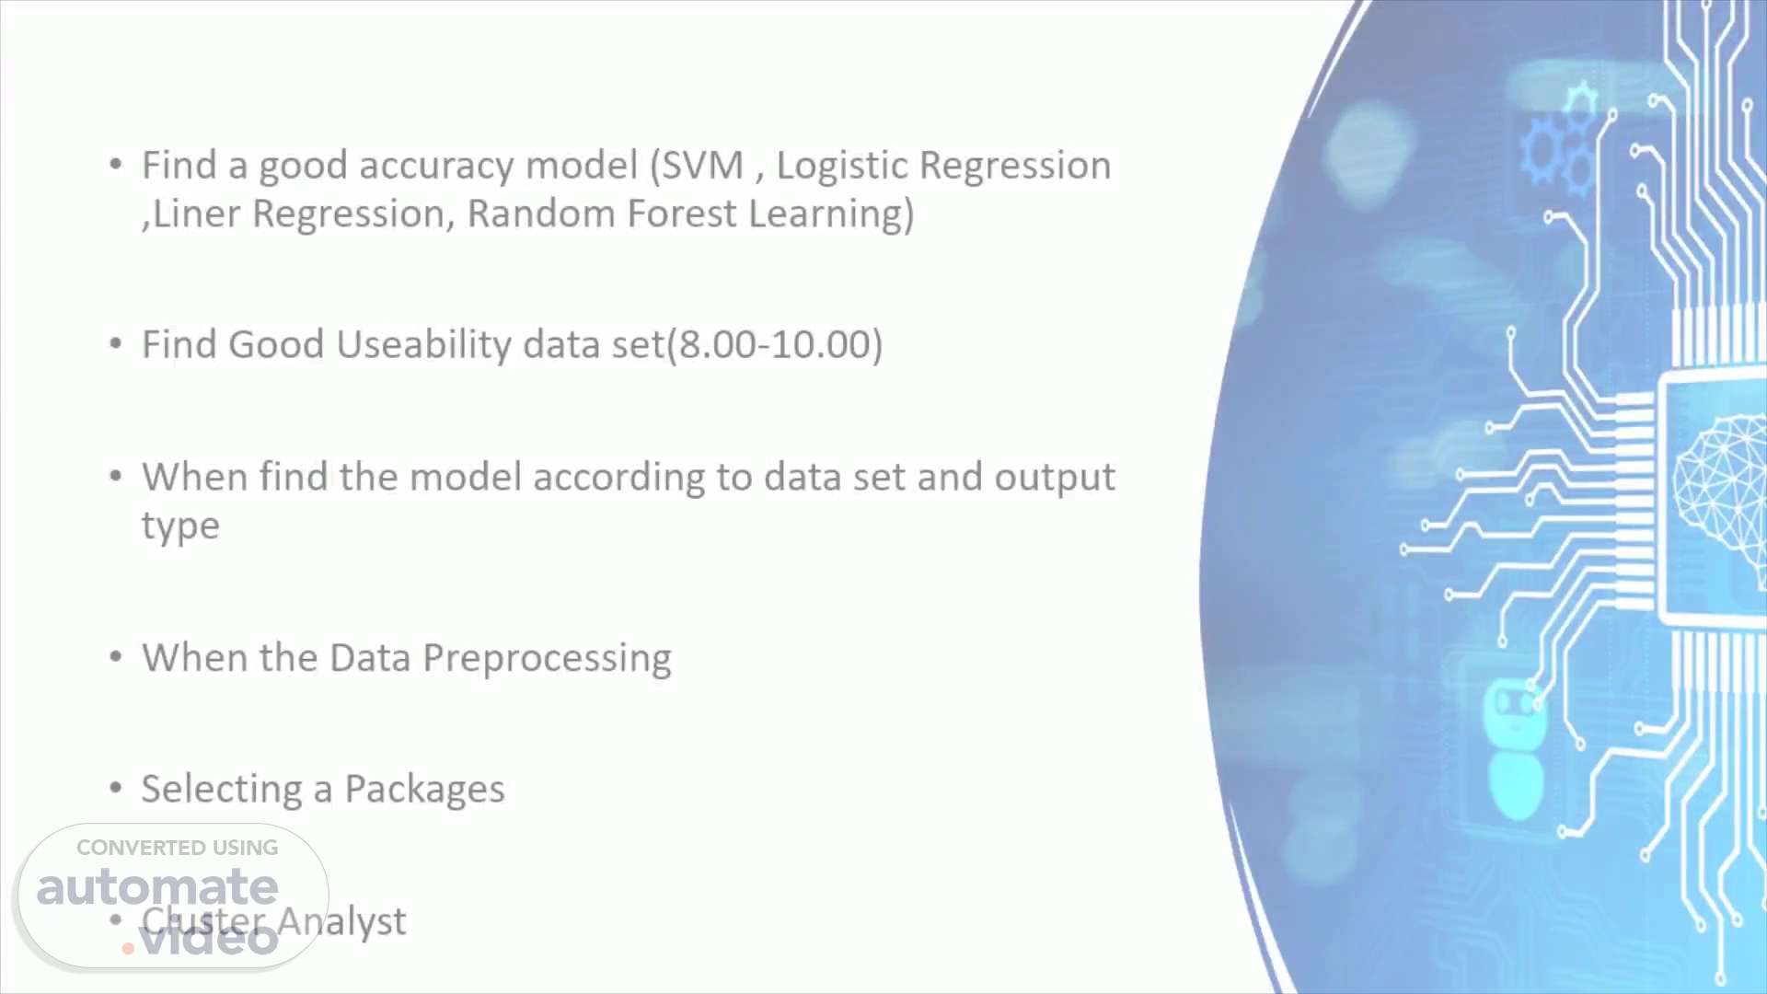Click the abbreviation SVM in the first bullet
click(x=702, y=166)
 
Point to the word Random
click(x=541, y=214)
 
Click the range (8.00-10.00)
click(x=775, y=345)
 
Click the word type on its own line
click(x=180, y=527)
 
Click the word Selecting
click(x=221, y=790)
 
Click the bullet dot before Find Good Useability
click(x=115, y=344)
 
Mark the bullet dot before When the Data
click(x=115, y=657)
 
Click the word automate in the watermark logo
click(x=157, y=887)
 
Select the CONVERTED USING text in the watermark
click(x=177, y=848)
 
